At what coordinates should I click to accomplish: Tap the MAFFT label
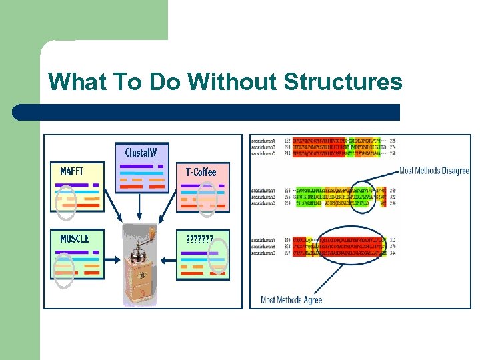72,171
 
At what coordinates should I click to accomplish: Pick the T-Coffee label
201,172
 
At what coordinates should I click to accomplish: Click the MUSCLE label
74,238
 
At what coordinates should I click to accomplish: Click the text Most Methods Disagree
434,171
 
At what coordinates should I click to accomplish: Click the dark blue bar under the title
207,111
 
